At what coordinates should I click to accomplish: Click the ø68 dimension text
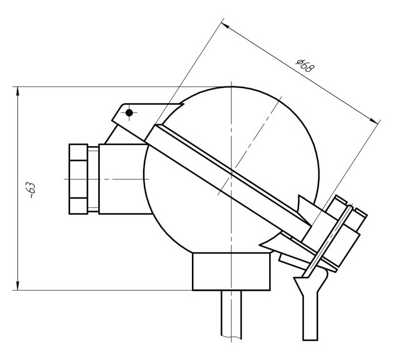coord(304,65)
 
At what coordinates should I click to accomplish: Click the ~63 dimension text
coord(32,190)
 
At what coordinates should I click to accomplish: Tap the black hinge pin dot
coord(129,112)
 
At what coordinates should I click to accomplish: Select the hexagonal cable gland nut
coord(78,179)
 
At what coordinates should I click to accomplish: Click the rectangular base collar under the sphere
coord(231,272)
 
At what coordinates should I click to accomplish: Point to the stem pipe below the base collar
coord(231,315)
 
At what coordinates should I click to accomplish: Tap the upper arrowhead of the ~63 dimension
coord(17,92)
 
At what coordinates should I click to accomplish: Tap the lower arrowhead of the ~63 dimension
coord(17,285)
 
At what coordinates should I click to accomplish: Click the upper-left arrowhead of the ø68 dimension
coord(225,26)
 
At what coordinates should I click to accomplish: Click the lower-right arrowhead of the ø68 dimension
coord(373,120)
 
